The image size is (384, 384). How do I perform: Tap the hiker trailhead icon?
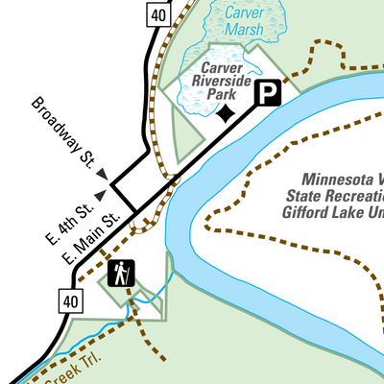(121, 274)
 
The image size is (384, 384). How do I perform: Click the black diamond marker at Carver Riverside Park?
(226, 114)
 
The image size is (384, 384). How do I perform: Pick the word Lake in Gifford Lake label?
(342, 212)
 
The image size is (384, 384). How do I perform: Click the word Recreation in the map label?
(348, 196)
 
